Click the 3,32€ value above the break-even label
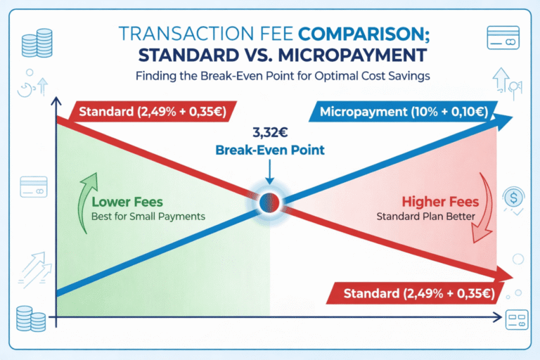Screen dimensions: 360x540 pyautogui.click(x=270, y=131)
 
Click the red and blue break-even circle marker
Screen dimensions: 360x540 pyautogui.click(x=270, y=202)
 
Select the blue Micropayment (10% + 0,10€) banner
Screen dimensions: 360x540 pyautogui.click(x=403, y=112)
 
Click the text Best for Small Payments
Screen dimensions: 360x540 pyautogui.click(x=148, y=217)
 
